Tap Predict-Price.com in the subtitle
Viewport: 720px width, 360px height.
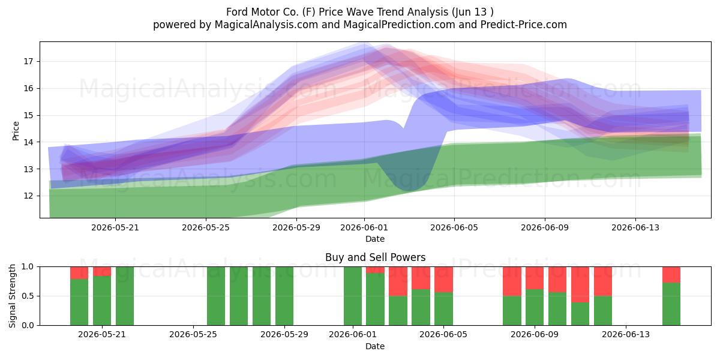[524, 25]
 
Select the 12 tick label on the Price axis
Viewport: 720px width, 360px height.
[28, 196]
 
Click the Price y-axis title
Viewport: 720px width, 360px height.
[16, 131]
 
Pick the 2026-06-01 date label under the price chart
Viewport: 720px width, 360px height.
[364, 227]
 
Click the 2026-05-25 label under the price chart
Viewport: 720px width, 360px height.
[206, 227]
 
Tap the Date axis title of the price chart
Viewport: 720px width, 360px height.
[375, 239]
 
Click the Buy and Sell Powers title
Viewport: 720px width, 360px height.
[375, 257]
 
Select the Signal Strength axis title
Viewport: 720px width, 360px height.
[12, 296]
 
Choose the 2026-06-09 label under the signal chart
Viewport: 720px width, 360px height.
[535, 335]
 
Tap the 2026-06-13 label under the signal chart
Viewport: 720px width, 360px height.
[626, 335]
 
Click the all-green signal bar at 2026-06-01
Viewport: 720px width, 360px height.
[353, 296]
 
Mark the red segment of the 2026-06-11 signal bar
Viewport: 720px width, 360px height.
[580, 284]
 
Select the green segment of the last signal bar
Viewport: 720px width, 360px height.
[671, 304]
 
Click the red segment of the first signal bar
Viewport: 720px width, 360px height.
[79, 273]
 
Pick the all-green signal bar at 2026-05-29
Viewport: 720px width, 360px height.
[284, 296]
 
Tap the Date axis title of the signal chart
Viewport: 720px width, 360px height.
[375, 346]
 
